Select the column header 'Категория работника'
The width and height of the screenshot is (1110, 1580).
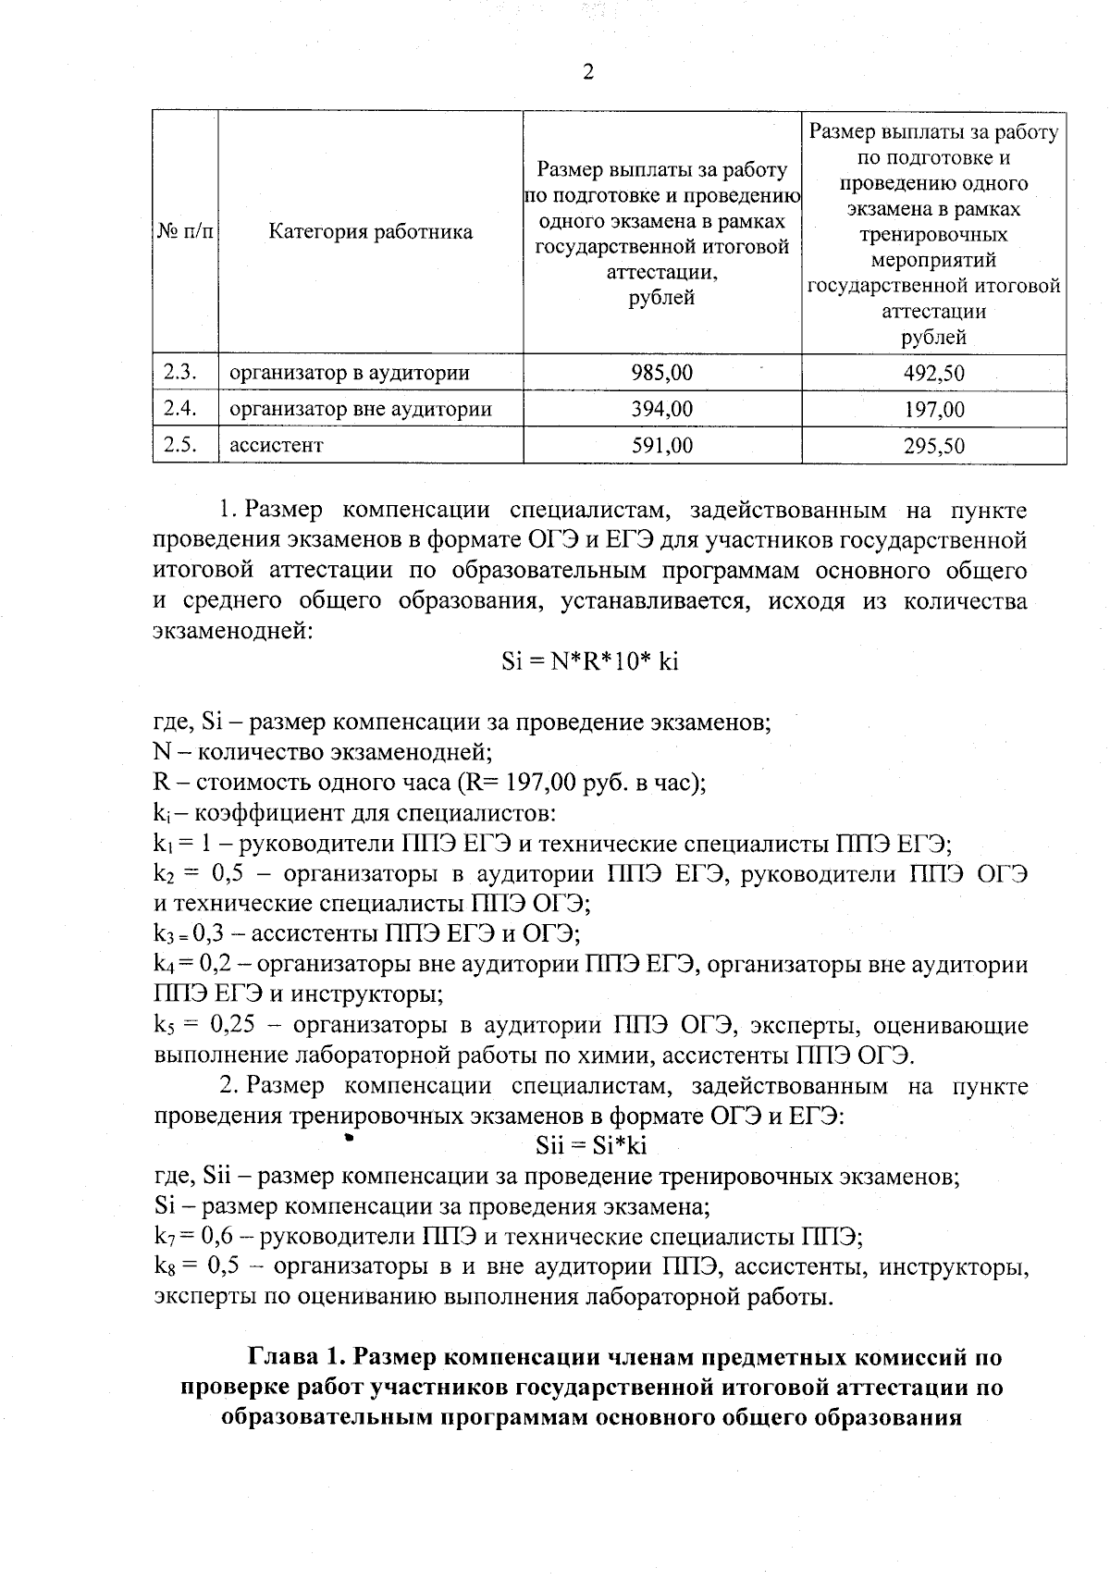370,232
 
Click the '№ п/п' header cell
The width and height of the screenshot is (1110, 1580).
184,232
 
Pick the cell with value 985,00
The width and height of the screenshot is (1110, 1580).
661,373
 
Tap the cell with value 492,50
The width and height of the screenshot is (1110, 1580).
933,374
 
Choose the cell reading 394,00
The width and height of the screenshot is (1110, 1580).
661,409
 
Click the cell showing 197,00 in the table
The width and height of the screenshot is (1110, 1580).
933,410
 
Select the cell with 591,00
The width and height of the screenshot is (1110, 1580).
661,445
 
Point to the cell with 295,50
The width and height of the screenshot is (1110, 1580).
933,446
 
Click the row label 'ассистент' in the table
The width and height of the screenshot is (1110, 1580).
277,446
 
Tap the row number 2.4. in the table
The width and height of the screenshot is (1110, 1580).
182,409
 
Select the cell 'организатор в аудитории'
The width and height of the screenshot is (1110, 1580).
349,374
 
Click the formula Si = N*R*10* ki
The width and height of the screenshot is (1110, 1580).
589,661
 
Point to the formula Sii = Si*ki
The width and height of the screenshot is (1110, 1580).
591,1146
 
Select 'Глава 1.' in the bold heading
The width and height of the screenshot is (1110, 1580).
296,1358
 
